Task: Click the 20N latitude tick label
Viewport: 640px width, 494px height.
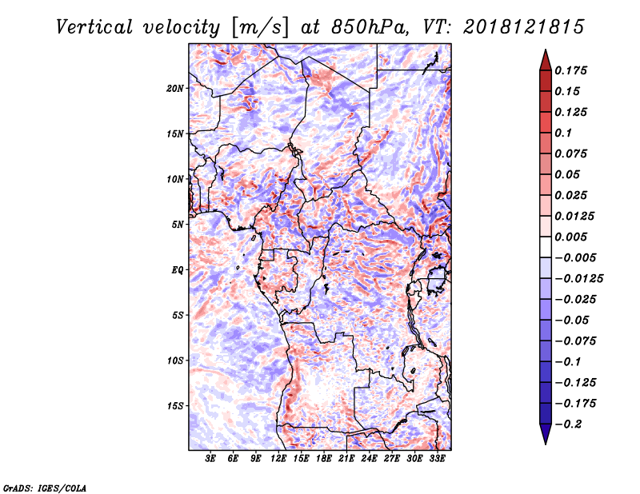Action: pyautogui.click(x=174, y=89)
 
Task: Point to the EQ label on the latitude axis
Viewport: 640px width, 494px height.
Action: pyautogui.click(x=178, y=270)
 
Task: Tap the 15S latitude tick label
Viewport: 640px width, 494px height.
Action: pyautogui.click(x=175, y=406)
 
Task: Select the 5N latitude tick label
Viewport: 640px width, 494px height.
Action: pyautogui.click(x=178, y=225)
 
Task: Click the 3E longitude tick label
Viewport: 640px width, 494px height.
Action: pyautogui.click(x=210, y=459)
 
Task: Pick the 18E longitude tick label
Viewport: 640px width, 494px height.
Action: pyautogui.click(x=324, y=459)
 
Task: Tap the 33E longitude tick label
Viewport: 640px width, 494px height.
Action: pyautogui.click(x=437, y=459)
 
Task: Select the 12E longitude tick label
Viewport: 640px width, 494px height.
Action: pyautogui.click(x=278, y=459)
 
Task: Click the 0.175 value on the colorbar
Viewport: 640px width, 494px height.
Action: pyautogui.click(x=570, y=70)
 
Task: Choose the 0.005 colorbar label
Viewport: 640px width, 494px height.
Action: pyautogui.click(x=570, y=237)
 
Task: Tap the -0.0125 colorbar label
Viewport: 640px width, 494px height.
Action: pyautogui.click(x=578, y=279)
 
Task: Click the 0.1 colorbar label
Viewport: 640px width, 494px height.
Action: pyautogui.click(x=563, y=133)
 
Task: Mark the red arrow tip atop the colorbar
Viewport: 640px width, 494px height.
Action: pyautogui.click(x=546, y=50)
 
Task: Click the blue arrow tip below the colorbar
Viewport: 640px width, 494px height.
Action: pyautogui.click(x=546, y=444)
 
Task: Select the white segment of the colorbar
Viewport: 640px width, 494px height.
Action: pyautogui.click(x=546, y=247)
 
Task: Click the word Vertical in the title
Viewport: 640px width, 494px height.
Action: pyautogui.click(x=94, y=27)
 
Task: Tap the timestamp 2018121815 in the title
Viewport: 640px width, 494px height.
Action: pyautogui.click(x=524, y=27)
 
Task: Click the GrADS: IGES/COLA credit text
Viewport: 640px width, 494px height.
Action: pyautogui.click(x=45, y=488)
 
